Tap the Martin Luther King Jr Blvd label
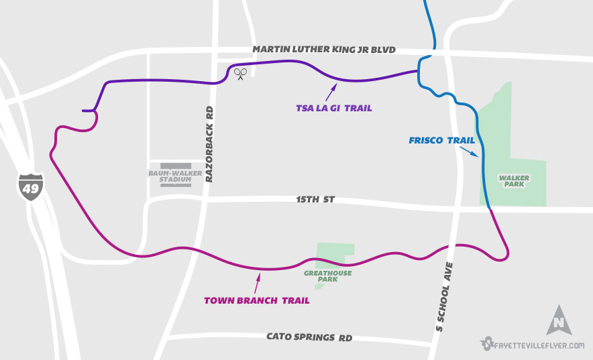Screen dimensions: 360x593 [x=324, y=50]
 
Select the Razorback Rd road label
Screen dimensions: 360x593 [x=209, y=145]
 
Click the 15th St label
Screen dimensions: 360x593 [x=315, y=200]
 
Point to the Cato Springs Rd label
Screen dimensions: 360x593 [x=309, y=337]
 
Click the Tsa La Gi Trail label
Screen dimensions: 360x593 [x=333, y=108]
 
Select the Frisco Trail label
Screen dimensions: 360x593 [x=441, y=141]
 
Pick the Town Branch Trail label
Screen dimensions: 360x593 [x=257, y=301]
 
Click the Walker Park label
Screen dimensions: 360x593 [x=514, y=181]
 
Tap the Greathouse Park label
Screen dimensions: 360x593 [x=327, y=276]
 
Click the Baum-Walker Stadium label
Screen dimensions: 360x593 [x=170, y=176]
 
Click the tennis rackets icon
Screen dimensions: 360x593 [x=240, y=73]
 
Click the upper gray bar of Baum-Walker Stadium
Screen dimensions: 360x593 [x=171, y=166]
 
